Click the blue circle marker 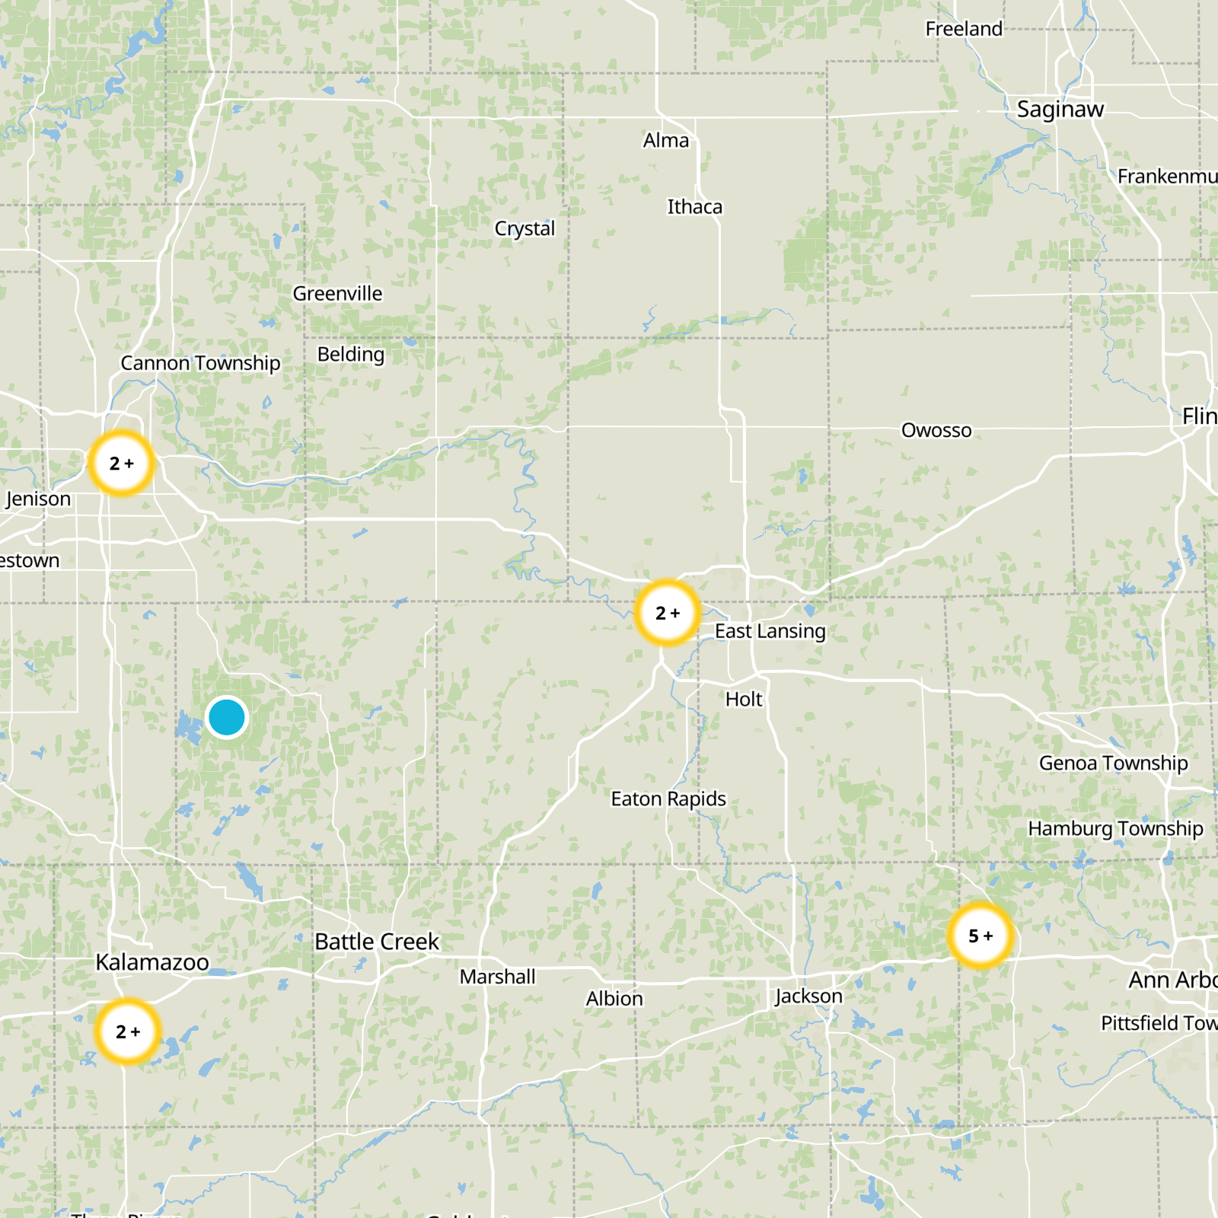click(x=226, y=717)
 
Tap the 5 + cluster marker click(x=980, y=936)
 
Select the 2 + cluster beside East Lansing click(x=667, y=613)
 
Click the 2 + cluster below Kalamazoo click(x=128, y=1031)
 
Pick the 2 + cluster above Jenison click(x=121, y=463)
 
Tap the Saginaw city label click(x=1060, y=110)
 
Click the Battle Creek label click(x=377, y=942)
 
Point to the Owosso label click(x=936, y=430)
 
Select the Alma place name click(x=665, y=141)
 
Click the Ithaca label click(x=694, y=207)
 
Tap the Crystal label click(x=525, y=228)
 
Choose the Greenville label click(x=337, y=294)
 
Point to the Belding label click(x=350, y=354)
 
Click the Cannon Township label click(x=200, y=363)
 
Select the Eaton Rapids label click(x=668, y=799)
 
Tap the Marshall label click(x=497, y=977)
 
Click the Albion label click(x=614, y=998)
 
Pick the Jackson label click(x=808, y=996)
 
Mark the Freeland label click(x=964, y=29)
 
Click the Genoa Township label click(x=1113, y=763)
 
